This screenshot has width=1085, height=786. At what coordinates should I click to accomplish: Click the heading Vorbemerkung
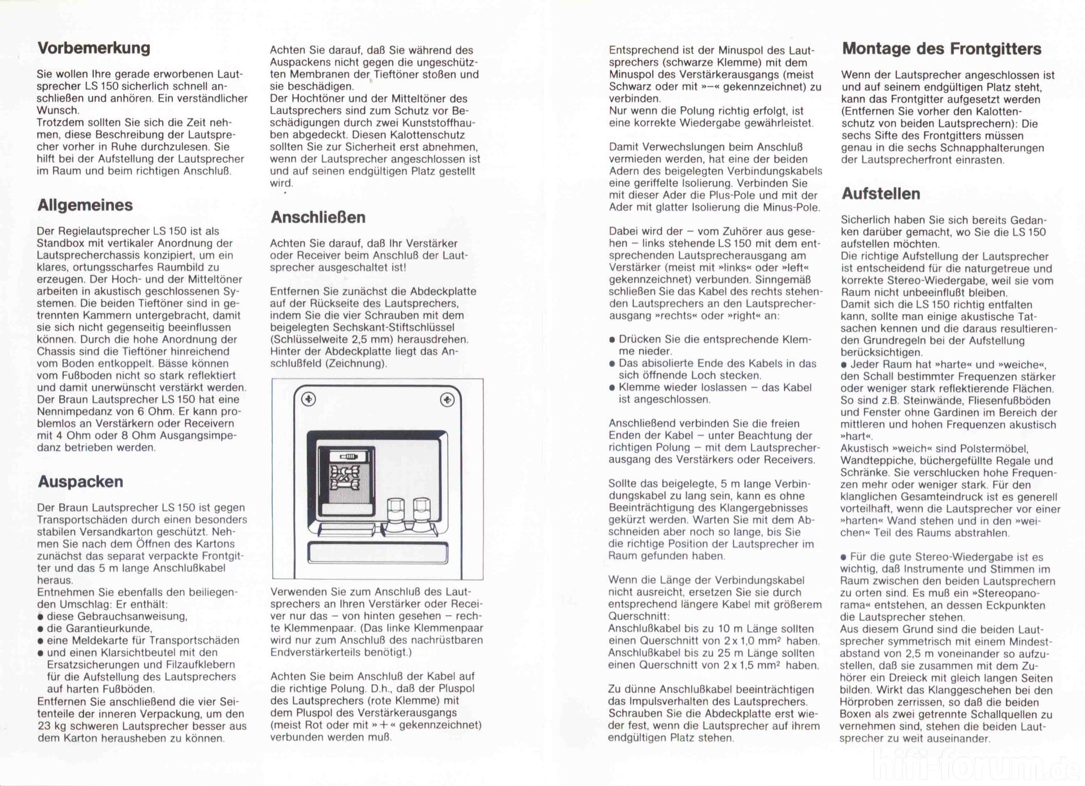click(94, 48)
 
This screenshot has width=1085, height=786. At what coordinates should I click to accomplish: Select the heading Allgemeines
click(85, 205)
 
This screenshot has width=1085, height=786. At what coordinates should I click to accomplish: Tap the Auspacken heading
click(80, 481)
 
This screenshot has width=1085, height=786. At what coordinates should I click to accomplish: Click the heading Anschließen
click(318, 218)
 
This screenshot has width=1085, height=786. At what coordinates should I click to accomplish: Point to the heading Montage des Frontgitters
click(941, 49)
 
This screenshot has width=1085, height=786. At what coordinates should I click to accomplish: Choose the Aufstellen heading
click(880, 194)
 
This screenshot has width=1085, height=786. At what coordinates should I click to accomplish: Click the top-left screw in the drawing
click(309, 399)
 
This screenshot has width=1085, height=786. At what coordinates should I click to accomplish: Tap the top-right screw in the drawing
click(446, 400)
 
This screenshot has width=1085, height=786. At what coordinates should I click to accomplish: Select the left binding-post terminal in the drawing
click(396, 510)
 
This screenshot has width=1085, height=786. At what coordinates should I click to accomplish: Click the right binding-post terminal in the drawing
click(422, 510)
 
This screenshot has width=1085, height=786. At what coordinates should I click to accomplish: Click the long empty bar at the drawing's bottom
click(378, 553)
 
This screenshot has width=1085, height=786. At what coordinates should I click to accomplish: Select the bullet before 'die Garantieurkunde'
click(41, 629)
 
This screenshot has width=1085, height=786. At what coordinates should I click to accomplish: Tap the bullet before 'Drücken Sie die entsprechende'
click(612, 340)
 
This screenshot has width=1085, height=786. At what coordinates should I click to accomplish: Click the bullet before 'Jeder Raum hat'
click(844, 365)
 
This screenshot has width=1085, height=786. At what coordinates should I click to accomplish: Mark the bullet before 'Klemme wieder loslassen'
click(612, 388)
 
